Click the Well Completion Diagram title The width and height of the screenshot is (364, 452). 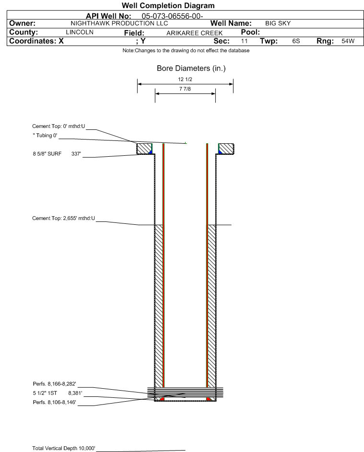coord(168,5)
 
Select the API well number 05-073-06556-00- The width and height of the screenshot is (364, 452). coord(172,16)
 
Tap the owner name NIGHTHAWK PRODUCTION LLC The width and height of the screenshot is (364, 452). coord(119,23)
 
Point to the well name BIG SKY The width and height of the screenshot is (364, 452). coord(278,23)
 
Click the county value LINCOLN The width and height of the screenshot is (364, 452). coord(80,32)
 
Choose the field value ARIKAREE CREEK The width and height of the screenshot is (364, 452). coord(194,33)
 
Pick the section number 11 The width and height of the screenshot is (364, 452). coord(244,41)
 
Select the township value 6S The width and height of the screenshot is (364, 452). coord(296,41)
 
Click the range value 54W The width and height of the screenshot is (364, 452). coord(348,41)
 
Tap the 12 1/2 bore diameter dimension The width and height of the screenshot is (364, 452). coord(185,79)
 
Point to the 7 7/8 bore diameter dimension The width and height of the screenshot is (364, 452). coord(185,89)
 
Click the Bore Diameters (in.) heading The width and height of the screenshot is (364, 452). coord(191,69)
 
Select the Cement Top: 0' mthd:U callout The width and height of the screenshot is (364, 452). coord(59,126)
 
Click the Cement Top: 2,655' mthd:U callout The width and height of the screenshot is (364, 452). coord(63,218)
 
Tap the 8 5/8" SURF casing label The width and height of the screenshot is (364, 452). coord(47,154)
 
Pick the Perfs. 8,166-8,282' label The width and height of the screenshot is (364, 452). coord(55,383)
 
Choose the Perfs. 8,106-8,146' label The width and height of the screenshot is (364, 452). coord(55,402)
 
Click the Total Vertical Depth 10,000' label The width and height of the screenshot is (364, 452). coord(63,448)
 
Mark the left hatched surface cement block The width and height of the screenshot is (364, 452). coord(144,149)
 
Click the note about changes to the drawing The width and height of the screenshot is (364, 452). coord(186,50)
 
